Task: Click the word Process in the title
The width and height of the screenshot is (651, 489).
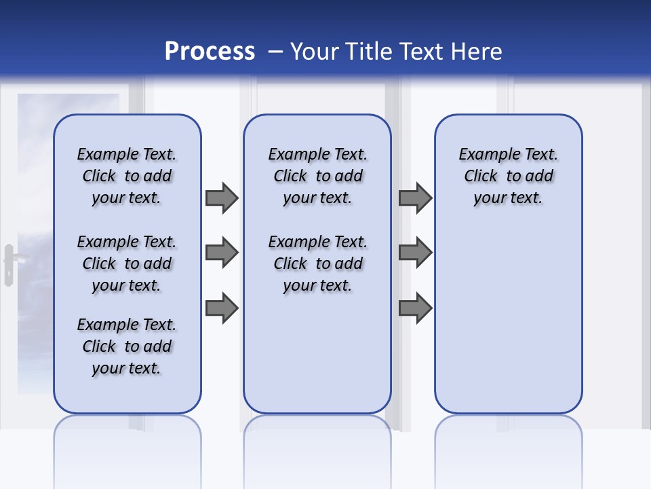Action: click(210, 52)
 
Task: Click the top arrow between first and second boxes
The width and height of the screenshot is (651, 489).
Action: click(222, 198)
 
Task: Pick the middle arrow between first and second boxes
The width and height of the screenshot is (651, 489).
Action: click(222, 253)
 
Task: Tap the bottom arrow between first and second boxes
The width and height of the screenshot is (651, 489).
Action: click(222, 308)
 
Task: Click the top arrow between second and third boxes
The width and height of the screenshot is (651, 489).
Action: click(415, 198)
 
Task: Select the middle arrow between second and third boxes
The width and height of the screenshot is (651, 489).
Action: click(415, 253)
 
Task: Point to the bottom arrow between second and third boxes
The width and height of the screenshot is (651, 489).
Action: click(415, 308)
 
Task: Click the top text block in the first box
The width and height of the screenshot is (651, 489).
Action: click(127, 176)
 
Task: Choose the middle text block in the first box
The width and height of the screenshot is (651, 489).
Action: click(127, 264)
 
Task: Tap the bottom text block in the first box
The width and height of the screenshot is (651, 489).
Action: click(127, 346)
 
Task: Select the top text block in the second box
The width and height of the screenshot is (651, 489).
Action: click(317, 176)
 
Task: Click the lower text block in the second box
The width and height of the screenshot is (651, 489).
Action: click(317, 264)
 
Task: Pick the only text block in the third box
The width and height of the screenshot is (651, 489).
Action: click(509, 176)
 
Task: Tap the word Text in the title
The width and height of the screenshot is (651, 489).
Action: click(422, 52)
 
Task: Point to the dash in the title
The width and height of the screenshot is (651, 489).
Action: click(275, 52)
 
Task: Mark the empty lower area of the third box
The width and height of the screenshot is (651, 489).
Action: click(509, 319)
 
